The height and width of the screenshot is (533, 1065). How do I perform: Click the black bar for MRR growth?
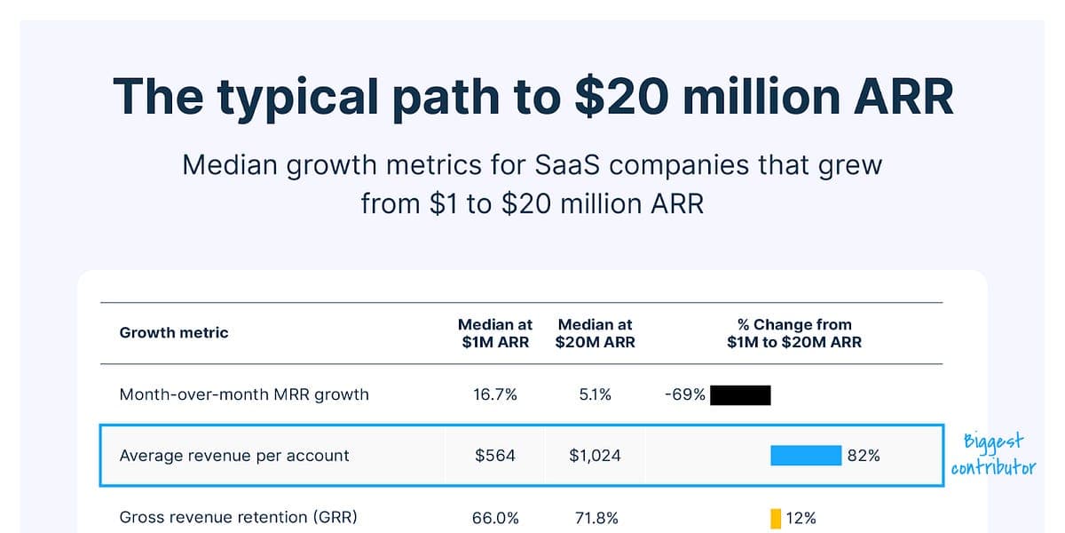[740, 394]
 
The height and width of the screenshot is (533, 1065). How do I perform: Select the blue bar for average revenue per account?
[805, 456]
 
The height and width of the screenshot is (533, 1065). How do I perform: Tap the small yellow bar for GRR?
[776, 518]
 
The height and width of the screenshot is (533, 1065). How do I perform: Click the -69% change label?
[684, 394]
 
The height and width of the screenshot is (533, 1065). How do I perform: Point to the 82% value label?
[864, 456]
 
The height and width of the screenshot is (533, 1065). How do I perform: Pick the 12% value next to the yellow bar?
[801, 518]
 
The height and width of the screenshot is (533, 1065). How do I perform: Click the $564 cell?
[495, 456]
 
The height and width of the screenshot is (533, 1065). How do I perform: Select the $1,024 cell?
[595, 456]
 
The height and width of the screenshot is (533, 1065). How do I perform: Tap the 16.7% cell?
[495, 394]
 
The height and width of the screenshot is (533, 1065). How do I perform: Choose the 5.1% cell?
[595, 394]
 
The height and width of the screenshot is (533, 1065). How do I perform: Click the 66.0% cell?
[495, 518]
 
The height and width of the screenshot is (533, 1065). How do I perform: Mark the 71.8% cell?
[595, 518]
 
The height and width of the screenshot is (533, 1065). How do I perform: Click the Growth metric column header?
[174, 333]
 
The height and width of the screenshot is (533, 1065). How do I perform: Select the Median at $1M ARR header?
[495, 333]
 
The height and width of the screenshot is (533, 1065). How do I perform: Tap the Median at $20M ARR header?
[595, 333]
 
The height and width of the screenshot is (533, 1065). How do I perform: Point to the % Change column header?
[794, 333]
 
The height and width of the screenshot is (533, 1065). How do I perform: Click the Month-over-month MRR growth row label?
[244, 394]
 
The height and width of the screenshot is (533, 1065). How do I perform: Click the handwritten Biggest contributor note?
[993, 455]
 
